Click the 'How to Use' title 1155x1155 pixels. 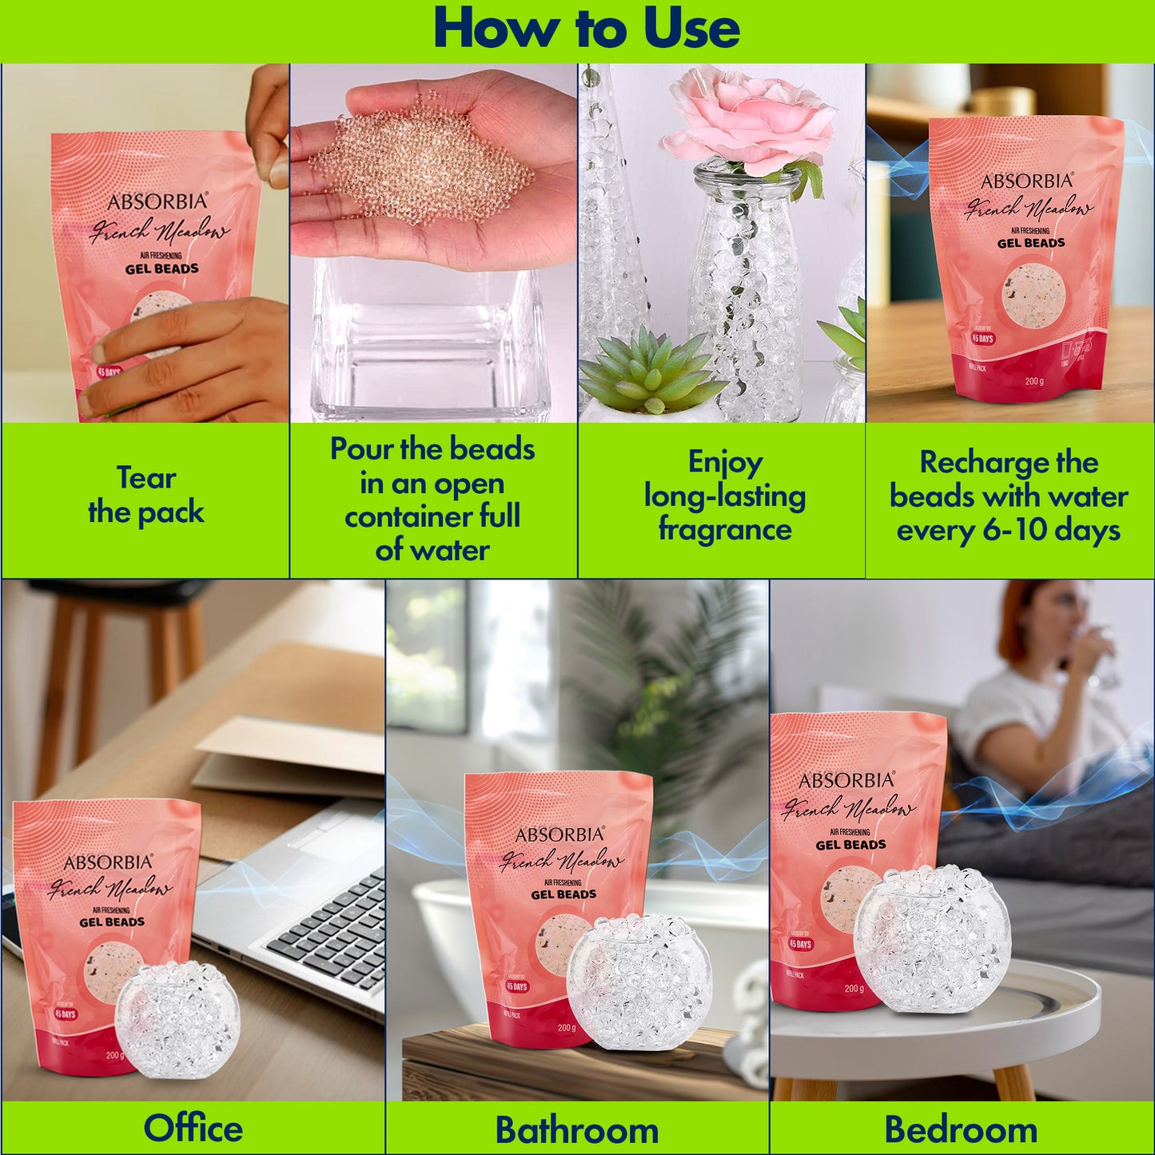pyautogui.click(x=586, y=30)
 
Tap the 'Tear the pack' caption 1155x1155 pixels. pyautogui.click(x=146, y=495)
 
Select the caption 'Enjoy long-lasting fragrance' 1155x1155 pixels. pyautogui.click(x=724, y=496)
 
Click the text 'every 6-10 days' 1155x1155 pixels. pyautogui.click(x=1008, y=531)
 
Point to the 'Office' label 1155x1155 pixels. pyautogui.click(x=193, y=1128)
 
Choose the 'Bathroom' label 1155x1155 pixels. pyautogui.click(x=576, y=1129)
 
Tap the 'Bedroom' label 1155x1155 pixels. pyautogui.click(x=961, y=1129)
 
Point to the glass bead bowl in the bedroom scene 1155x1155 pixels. pyautogui.click(x=931, y=939)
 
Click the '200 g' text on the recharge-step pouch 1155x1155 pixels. pyautogui.click(x=1034, y=380)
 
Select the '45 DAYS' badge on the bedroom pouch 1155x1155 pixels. pyautogui.click(x=800, y=944)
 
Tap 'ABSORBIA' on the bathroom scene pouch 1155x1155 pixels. pyautogui.click(x=559, y=834)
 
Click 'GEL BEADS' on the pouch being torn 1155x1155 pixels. pyautogui.click(x=161, y=269)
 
